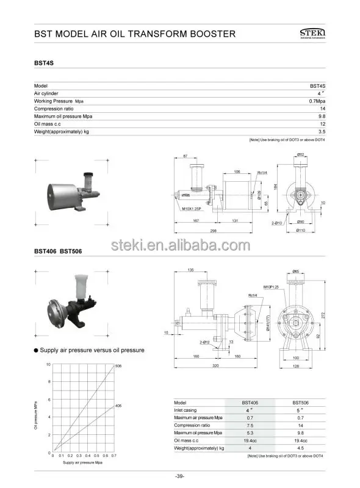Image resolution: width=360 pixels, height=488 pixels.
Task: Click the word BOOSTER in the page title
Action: point(207,34)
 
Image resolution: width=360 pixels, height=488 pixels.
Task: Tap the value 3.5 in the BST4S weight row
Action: point(322,131)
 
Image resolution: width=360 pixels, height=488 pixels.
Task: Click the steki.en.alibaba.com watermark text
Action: point(180,246)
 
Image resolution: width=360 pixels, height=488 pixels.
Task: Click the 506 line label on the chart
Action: point(118,366)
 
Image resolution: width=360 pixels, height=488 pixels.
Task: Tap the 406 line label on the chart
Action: point(118,405)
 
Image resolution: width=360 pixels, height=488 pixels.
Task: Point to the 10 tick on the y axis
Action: point(48,365)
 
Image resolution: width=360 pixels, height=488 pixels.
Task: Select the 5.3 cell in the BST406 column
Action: point(248,432)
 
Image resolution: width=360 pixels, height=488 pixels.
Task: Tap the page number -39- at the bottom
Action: point(179,475)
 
